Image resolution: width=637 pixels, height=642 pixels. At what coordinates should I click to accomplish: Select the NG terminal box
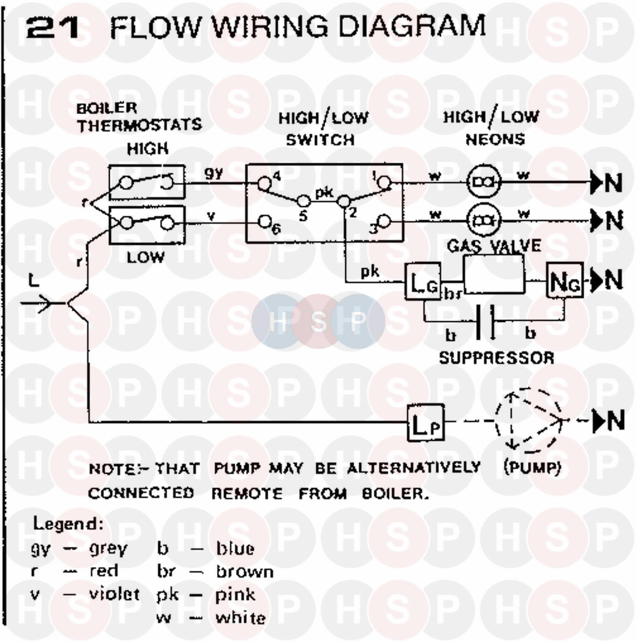[564, 281]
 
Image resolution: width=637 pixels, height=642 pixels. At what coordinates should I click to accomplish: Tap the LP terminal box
[426, 423]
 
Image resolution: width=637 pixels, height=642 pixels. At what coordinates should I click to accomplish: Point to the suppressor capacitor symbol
[485, 321]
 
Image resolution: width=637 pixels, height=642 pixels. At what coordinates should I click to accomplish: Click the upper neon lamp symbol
[484, 182]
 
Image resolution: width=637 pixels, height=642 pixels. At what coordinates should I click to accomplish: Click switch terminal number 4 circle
[264, 183]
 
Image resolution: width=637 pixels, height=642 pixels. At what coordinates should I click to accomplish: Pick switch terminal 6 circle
[265, 221]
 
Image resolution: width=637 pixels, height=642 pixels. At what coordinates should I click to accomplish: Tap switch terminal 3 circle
[384, 221]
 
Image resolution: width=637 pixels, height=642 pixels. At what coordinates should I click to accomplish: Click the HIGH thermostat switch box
[147, 182]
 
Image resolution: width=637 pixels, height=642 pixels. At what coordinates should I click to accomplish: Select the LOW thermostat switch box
[147, 225]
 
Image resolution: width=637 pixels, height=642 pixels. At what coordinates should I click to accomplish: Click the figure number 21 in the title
[53, 27]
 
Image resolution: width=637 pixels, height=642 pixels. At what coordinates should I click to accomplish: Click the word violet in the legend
[114, 594]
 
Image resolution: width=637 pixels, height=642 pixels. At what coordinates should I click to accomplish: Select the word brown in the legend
[245, 572]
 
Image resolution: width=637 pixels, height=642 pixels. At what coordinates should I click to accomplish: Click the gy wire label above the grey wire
[214, 173]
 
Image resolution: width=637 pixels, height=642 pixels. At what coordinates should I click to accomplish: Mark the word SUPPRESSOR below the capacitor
[496, 358]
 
